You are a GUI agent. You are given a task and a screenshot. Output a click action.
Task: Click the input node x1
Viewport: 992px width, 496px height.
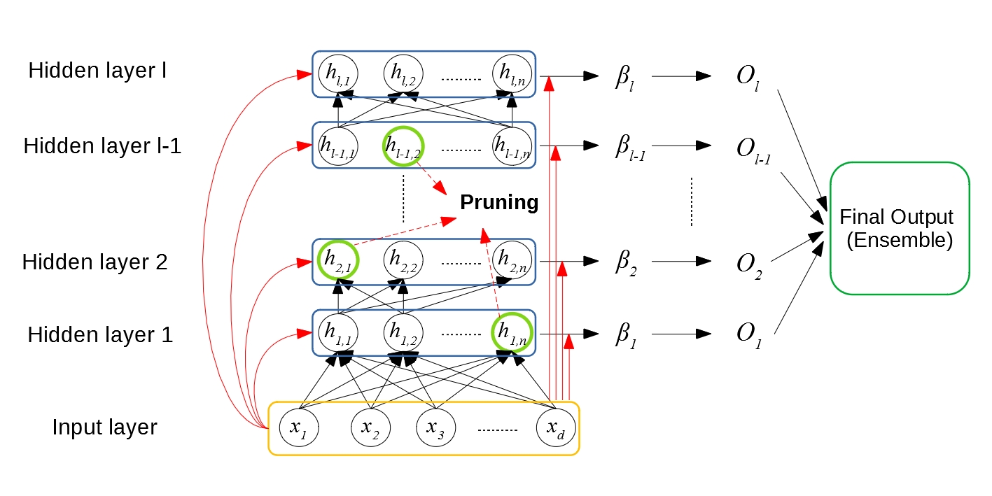coord(298,427)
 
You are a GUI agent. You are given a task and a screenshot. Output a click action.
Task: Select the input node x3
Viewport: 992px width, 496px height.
coord(435,427)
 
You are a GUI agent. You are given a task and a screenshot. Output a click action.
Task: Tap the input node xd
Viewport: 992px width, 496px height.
coord(556,427)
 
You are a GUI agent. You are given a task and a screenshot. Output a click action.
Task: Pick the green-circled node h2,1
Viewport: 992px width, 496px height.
coord(338,260)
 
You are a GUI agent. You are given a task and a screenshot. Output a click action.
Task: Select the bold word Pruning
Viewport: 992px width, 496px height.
coord(499,203)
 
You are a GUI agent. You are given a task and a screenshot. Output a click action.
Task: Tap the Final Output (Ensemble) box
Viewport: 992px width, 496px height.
coord(900,228)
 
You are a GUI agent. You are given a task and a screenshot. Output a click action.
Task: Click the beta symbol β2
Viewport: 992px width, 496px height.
coord(626,262)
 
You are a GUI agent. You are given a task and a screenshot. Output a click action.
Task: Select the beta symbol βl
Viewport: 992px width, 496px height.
coord(624,76)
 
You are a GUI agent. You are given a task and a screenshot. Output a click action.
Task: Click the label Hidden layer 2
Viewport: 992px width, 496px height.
coord(95,262)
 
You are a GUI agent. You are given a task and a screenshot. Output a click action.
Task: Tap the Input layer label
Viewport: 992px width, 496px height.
coord(105,427)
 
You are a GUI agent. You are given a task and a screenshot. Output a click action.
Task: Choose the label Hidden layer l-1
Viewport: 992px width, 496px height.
coord(102,147)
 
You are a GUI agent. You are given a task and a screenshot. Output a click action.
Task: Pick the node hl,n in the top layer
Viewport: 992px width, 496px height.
coord(512,71)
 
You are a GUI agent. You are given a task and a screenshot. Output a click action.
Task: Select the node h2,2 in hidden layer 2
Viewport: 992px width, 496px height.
coord(403,260)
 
